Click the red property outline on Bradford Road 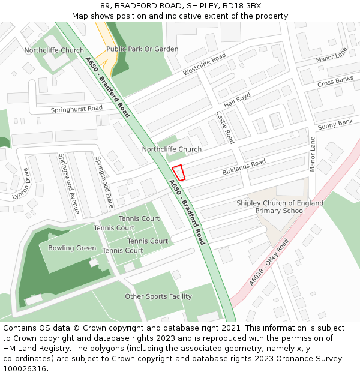pyautogui.click(x=179, y=172)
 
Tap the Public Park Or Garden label pyautogui.click(x=142, y=49)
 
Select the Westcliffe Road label pyautogui.click(x=204, y=64)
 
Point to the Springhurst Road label pyautogui.click(x=77, y=109)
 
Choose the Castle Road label pyautogui.click(x=225, y=127)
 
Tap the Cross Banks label pyautogui.click(x=335, y=80)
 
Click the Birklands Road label pyautogui.click(x=244, y=167)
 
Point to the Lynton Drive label pyautogui.click(x=20, y=184)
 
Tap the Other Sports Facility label pyautogui.click(x=158, y=296)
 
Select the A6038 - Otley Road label pyautogui.click(x=269, y=262)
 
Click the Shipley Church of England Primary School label pyautogui.click(x=280, y=207)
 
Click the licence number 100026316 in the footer pyautogui.click(x=25, y=368)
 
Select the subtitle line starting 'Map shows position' pyautogui.click(x=180, y=16)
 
